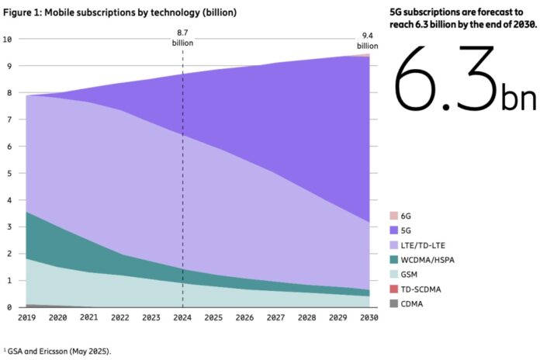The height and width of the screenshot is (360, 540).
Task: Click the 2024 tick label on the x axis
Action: pos(182,318)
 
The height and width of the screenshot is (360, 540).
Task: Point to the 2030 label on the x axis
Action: pos(369,318)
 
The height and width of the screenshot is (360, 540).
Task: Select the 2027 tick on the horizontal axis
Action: pos(276,318)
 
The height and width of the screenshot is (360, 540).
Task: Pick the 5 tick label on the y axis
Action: pos(9,174)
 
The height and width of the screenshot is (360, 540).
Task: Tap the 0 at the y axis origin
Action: pos(9,307)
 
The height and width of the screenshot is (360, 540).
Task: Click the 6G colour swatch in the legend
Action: pos(393,215)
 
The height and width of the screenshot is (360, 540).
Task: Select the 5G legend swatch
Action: pos(393,230)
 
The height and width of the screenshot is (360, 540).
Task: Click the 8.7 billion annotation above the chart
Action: pos(182,37)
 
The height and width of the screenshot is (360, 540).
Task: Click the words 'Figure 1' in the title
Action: pos(19,13)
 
